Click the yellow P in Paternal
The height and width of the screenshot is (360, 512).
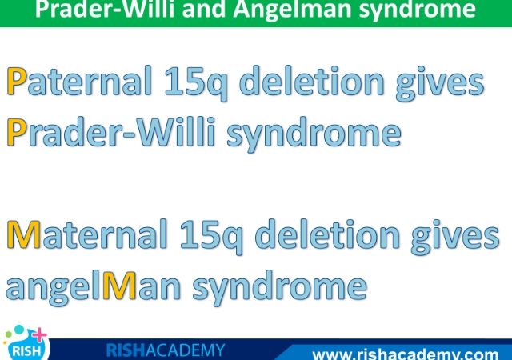pyautogui.click(x=16, y=81)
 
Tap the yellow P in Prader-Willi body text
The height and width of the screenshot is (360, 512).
pyautogui.click(x=16, y=132)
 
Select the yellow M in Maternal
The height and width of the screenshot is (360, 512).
pyautogui.click(x=24, y=234)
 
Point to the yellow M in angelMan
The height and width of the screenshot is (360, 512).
pyautogui.click(x=119, y=286)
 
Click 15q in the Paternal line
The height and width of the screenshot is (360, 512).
pyautogui.click(x=196, y=83)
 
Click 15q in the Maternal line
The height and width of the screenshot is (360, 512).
pyautogui.click(x=211, y=237)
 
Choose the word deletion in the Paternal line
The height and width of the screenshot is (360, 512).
pyautogui.click(x=312, y=80)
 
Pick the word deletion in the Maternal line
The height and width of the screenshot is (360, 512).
pyautogui.click(x=327, y=234)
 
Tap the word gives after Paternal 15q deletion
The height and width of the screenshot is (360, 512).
pyautogui.click(x=440, y=83)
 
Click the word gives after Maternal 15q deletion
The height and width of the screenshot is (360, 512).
pyautogui.click(x=455, y=237)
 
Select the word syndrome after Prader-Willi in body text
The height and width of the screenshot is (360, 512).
pyautogui.click(x=314, y=134)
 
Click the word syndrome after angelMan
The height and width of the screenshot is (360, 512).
pyautogui.click(x=280, y=288)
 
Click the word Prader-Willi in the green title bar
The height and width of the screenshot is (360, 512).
pyautogui.click(x=106, y=9)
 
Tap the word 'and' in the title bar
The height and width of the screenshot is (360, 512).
pyautogui.click(x=204, y=9)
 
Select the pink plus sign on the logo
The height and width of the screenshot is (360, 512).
pyautogui.click(x=39, y=335)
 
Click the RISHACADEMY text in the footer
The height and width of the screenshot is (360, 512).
pyautogui.click(x=166, y=350)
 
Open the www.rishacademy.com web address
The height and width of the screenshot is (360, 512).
pyautogui.click(x=406, y=354)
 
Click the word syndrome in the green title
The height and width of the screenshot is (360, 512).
pyautogui.click(x=418, y=10)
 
